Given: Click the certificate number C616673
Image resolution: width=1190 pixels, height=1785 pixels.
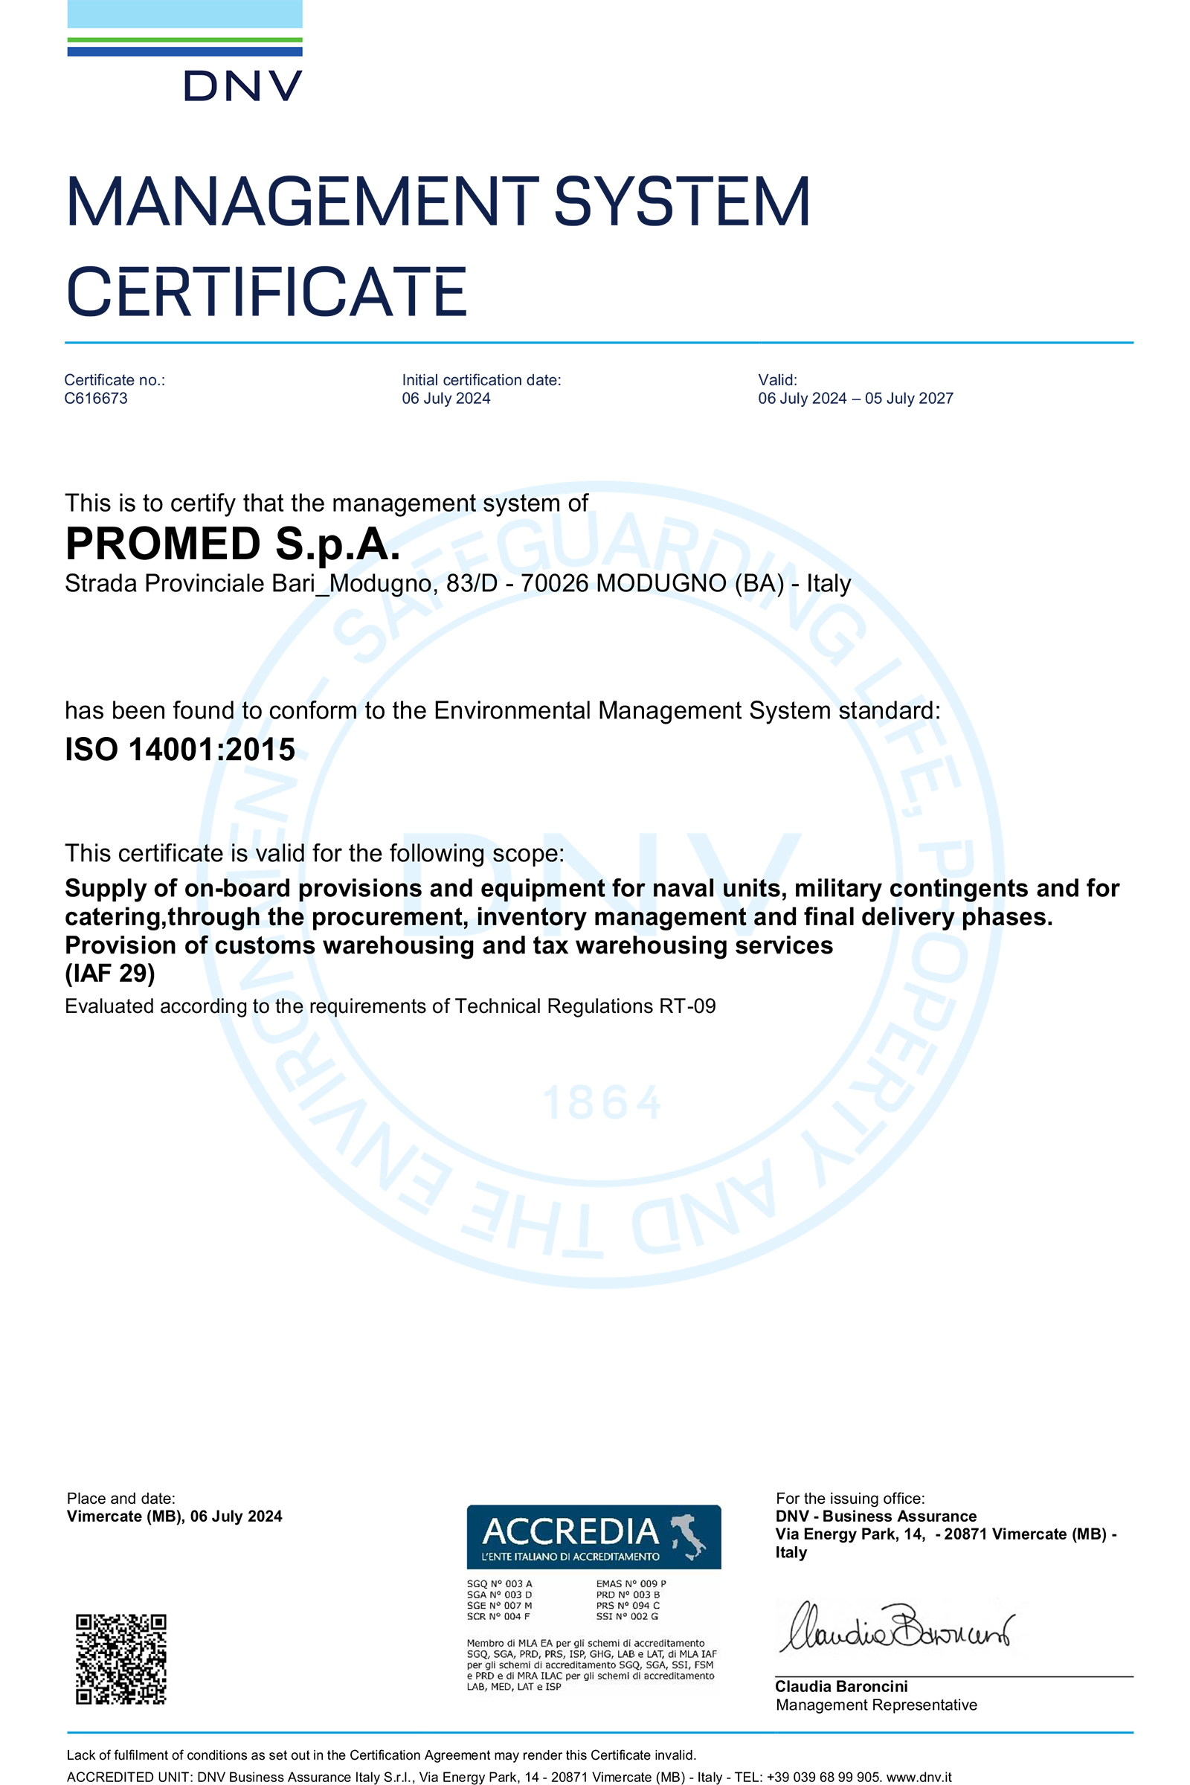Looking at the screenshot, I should [96, 399].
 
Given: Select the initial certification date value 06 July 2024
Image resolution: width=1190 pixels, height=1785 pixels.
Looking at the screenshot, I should [446, 399].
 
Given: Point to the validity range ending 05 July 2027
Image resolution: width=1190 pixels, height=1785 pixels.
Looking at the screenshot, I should [855, 399].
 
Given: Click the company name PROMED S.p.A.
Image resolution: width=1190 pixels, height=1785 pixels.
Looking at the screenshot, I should [232, 544].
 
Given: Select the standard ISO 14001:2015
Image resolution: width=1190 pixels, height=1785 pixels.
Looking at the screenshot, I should [180, 750].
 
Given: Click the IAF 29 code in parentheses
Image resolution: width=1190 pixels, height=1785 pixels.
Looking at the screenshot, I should [110, 973].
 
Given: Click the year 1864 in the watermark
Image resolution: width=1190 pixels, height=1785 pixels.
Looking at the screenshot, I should [602, 1104].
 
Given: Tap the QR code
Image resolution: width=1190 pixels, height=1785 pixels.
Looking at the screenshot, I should [120, 1659].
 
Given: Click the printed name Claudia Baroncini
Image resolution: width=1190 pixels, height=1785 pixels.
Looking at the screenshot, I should [841, 1686].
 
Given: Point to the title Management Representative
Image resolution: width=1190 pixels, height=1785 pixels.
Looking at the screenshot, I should [876, 1705].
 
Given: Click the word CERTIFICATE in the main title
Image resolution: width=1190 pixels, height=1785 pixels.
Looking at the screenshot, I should [266, 293].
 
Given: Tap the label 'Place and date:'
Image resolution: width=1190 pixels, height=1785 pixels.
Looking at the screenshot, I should [120, 1498].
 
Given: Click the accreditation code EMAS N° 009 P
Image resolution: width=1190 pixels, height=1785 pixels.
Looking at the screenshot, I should [631, 1584].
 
